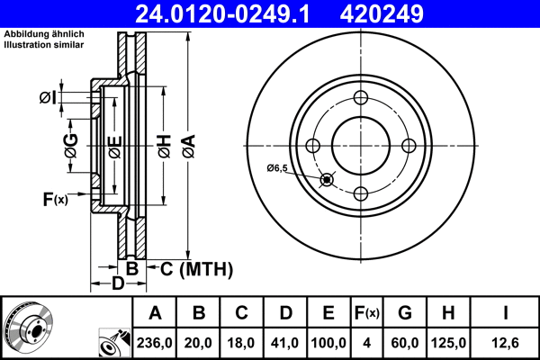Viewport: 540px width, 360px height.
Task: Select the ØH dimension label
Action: pyautogui.click(x=164, y=145)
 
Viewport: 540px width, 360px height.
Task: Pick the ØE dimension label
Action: pyautogui.click(x=113, y=145)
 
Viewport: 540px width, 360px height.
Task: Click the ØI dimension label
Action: pyautogui.click(x=49, y=96)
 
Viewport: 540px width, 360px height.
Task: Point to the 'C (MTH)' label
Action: pyautogui.click(x=197, y=268)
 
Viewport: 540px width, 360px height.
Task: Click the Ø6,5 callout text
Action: pyautogui.click(x=277, y=168)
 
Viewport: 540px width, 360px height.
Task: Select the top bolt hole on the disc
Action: pyautogui.click(x=360, y=98)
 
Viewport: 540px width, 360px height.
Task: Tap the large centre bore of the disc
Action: pyautogui.click(x=360, y=146)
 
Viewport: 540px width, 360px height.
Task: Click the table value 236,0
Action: pyautogui.click(x=155, y=343)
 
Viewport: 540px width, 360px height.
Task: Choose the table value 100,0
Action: pyautogui.click(x=328, y=343)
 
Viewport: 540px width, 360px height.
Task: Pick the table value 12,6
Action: pyautogui.click(x=505, y=343)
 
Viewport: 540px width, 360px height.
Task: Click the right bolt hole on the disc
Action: pyautogui.click(x=408, y=146)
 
